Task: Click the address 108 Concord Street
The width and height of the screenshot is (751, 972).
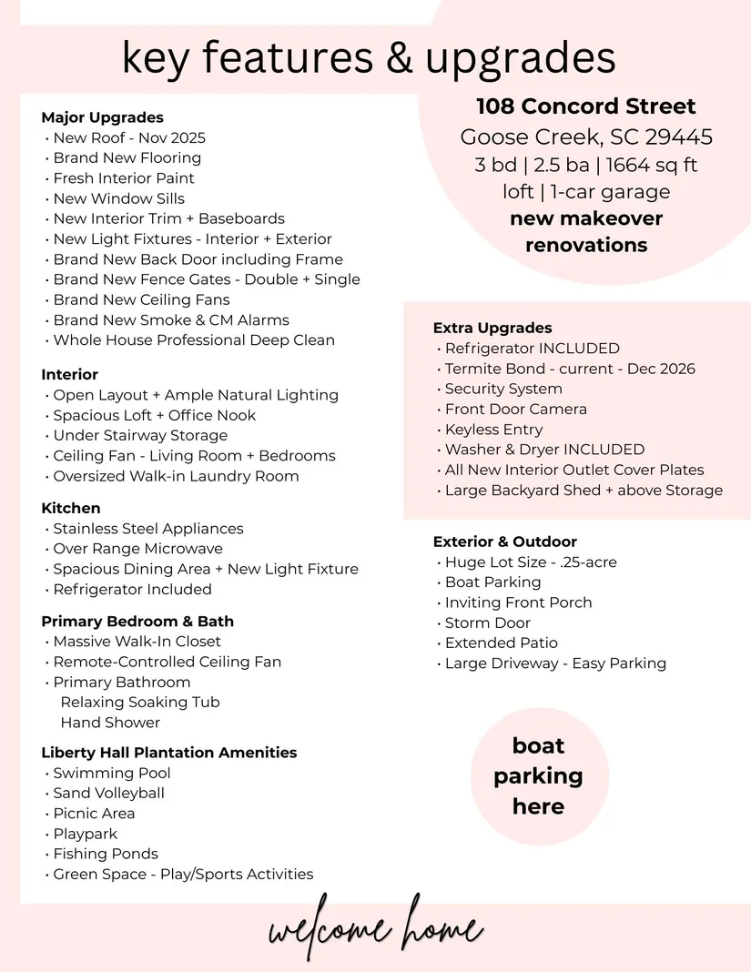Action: (586, 106)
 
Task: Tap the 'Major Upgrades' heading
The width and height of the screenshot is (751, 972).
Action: (102, 117)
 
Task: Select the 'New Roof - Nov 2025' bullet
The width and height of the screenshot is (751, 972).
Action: (128, 138)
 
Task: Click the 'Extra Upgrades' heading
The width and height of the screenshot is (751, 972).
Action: (492, 328)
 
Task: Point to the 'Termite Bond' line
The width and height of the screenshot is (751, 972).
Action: (570, 369)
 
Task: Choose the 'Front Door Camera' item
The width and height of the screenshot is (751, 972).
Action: (515, 410)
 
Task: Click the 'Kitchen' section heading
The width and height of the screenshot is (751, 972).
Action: (71, 508)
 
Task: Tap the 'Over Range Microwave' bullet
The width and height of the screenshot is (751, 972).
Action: (137, 549)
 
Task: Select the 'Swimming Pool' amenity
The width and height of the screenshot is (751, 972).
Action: (111, 773)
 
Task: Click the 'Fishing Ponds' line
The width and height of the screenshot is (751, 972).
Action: (105, 854)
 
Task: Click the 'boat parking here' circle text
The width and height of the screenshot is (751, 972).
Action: (538, 775)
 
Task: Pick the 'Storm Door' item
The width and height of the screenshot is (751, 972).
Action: (487, 623)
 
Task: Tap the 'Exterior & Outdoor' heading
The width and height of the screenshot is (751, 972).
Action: (505, 542)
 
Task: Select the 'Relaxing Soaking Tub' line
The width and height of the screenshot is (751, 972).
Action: (140, 702)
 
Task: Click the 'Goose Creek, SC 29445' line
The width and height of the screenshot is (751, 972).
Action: (586, 137)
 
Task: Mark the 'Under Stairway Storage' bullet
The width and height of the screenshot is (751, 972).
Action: (140, 435)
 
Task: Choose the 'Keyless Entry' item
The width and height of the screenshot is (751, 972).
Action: (493, 430)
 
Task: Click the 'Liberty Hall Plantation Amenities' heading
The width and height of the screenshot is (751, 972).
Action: (169, 753)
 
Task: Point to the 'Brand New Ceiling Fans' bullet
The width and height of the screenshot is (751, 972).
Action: (141, 299)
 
